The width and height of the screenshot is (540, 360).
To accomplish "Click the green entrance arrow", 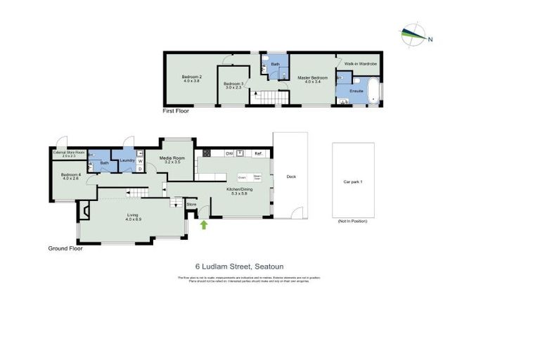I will click(204, 225).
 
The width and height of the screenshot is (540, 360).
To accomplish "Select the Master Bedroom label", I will click(314, 77).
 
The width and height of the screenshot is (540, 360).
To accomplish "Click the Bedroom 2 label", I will click(192, 77).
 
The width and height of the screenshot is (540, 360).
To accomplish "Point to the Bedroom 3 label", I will click(233, 84).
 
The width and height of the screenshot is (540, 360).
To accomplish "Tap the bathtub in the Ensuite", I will click(373, 92).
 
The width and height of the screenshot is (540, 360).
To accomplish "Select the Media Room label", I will click(172, 158).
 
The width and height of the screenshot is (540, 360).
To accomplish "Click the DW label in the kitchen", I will click(229, 153).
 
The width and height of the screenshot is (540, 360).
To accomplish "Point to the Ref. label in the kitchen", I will click(258, 153).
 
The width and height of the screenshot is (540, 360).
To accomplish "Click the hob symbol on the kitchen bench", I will click(240, 153).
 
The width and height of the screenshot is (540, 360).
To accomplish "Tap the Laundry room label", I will click(127, 160).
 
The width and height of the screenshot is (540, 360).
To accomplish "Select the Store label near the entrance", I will click(191, 205).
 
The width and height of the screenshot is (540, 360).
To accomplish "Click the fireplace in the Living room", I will click(84, 210).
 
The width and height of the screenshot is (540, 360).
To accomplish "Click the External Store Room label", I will click(69, 153).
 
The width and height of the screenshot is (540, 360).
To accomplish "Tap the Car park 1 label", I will click(352, 181).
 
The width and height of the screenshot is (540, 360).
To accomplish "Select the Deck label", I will click(290, 176).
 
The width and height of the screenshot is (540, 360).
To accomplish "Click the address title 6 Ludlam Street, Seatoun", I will click(239, 266).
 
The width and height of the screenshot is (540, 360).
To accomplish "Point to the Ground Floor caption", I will click(65, 248).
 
